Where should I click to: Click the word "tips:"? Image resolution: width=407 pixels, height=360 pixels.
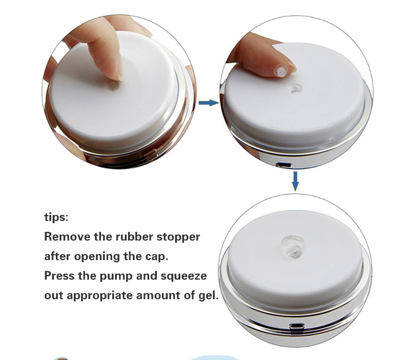(56, 217)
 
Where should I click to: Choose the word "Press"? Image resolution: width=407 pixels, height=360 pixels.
(59, 275)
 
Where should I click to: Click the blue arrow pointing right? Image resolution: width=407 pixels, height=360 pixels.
(208, 103)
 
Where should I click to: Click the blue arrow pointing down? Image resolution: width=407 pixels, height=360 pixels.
(295, 181)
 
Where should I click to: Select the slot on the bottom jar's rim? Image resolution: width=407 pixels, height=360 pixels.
(296, 326)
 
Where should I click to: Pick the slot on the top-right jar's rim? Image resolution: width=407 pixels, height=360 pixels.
(282, 163)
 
